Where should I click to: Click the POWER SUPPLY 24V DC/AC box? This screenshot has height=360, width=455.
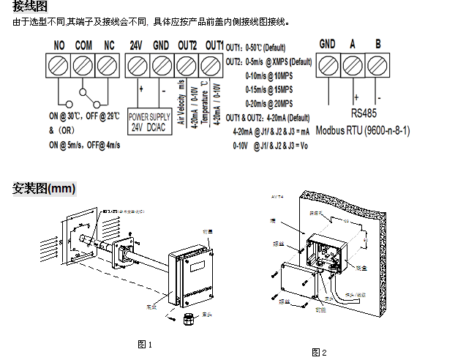click(x=149, y=121)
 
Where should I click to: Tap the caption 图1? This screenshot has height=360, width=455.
click(x=145, y=344)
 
